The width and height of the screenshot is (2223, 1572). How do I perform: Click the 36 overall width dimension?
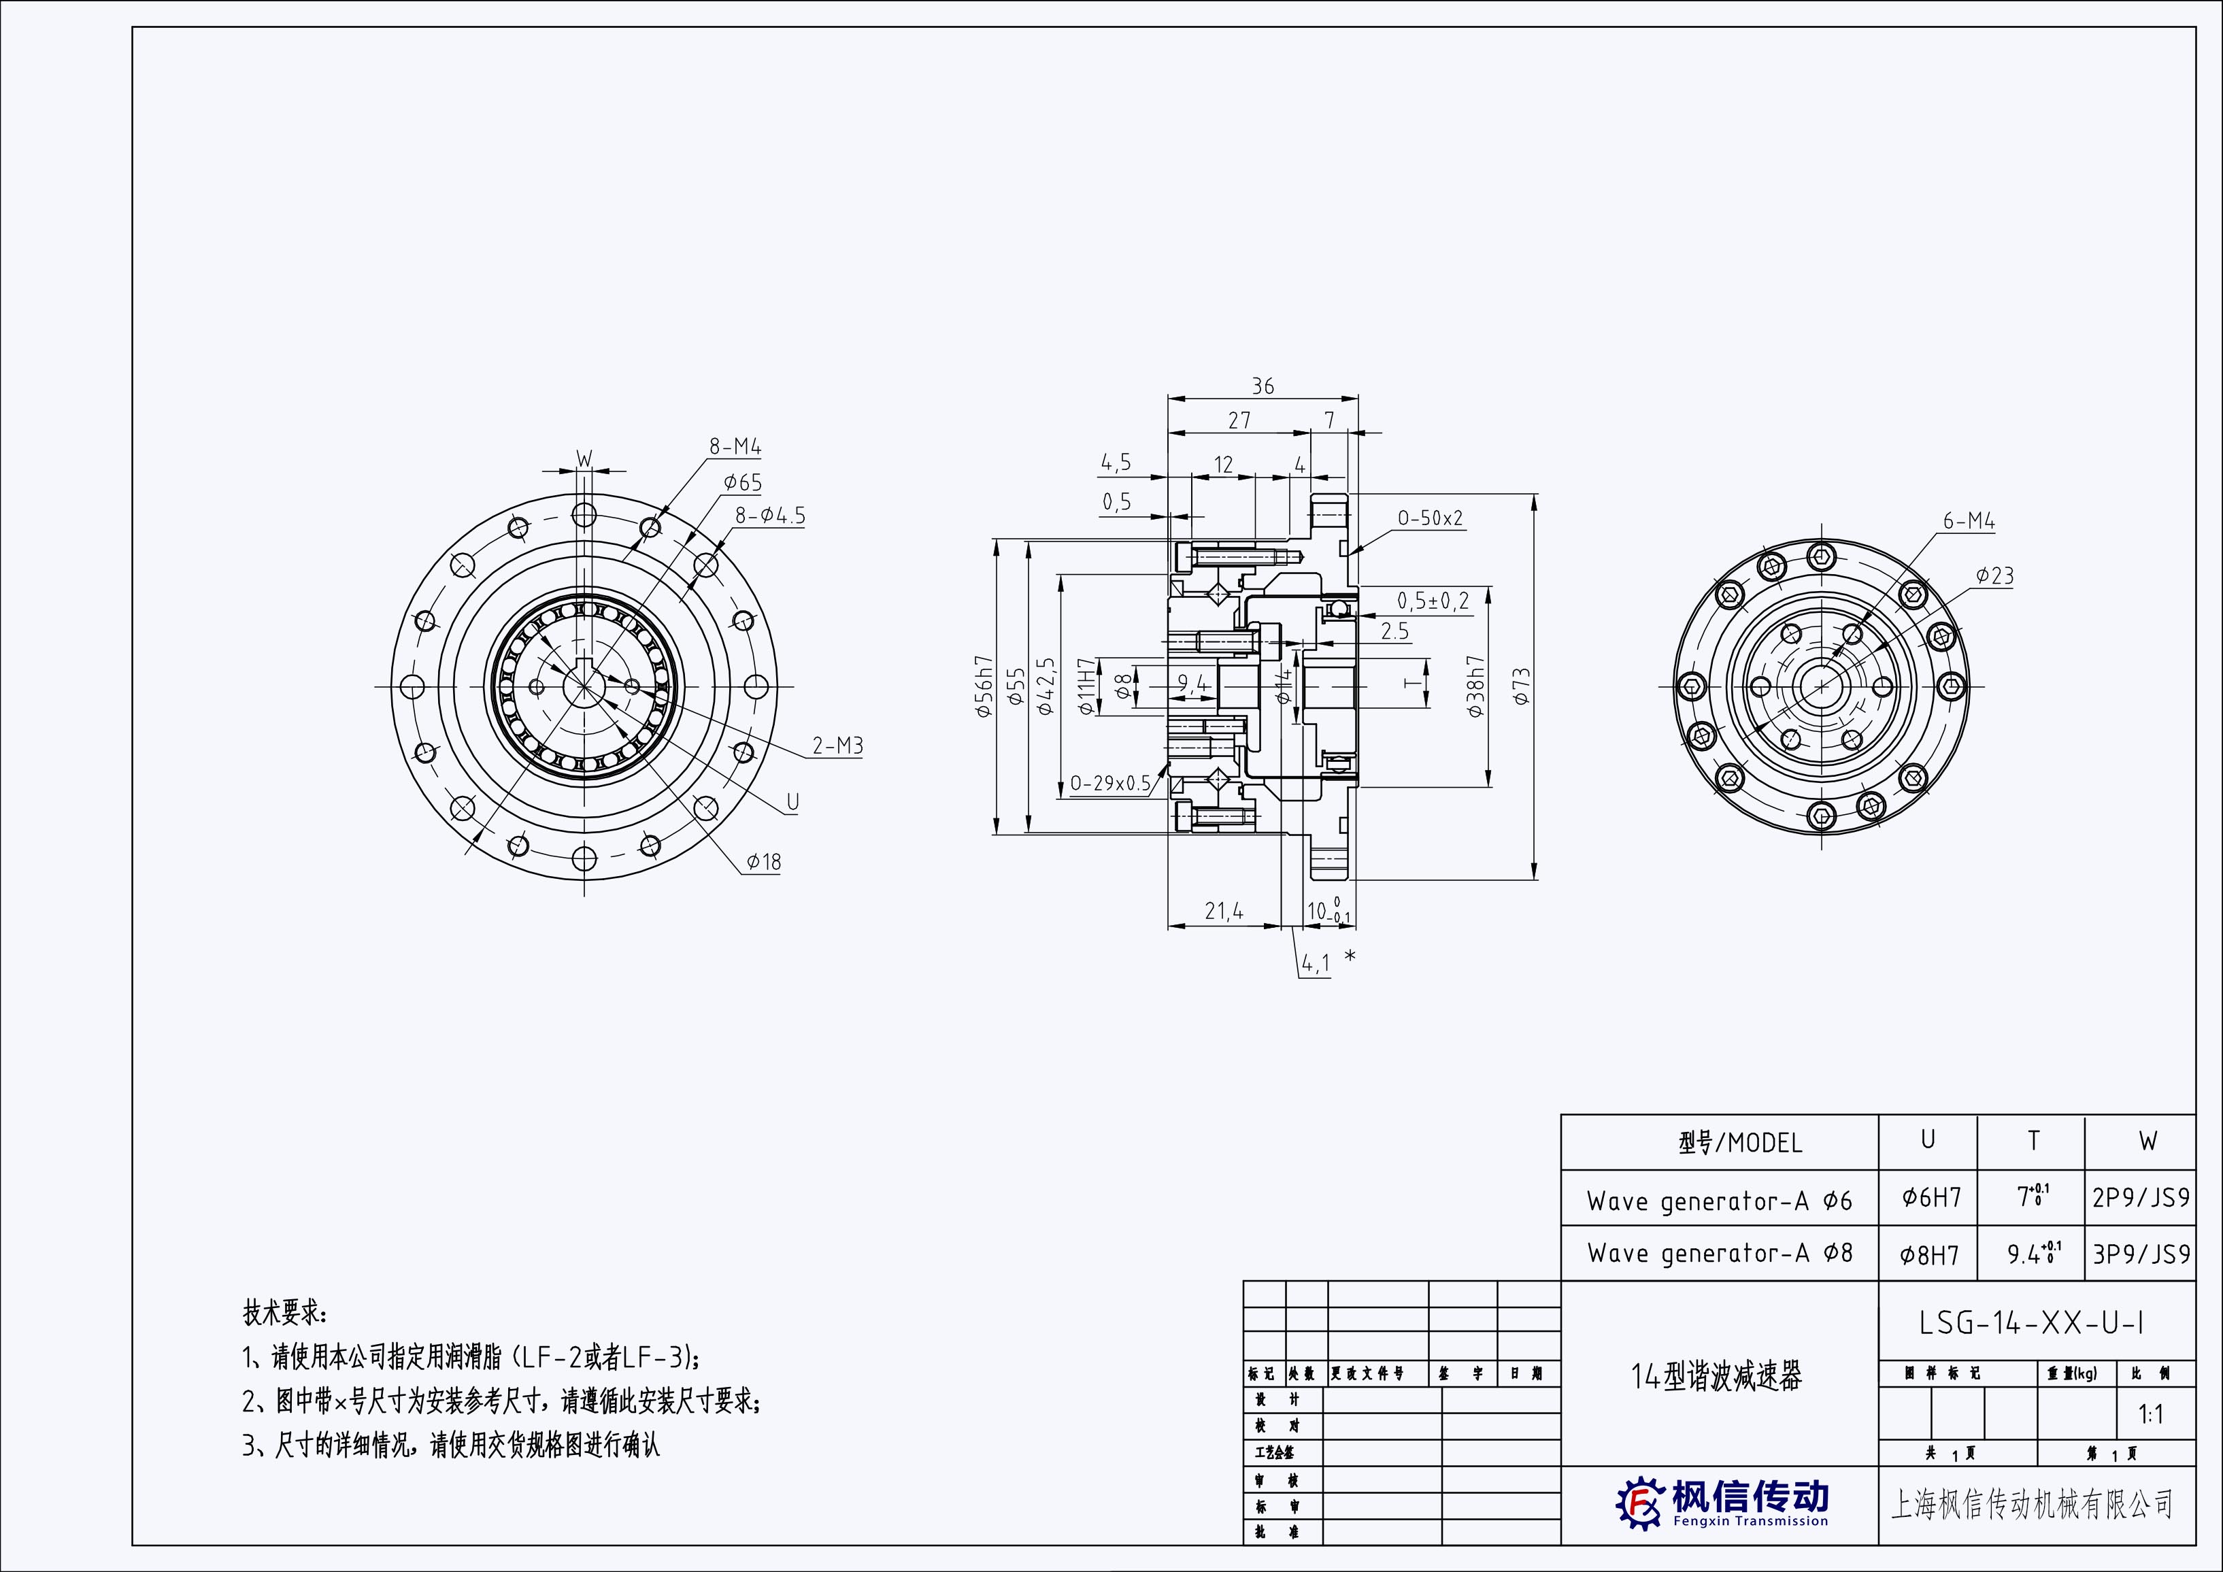tap(1263, 386)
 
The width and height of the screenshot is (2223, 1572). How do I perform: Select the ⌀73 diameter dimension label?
tap(1521, 686)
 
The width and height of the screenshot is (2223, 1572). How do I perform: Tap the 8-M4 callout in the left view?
tap(735, 447)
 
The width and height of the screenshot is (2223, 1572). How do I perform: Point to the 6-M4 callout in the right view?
tap(1969, 522)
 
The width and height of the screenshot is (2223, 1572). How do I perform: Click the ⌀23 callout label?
tap(1994, 576)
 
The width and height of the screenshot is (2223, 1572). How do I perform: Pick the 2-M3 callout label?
tap(837, 746)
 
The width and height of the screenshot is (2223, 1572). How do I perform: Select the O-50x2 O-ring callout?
tap(1430, 518)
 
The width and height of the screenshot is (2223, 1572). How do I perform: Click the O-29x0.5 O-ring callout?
tap(1109, 783)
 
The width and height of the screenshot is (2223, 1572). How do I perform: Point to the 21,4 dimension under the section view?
tap(1224, 911)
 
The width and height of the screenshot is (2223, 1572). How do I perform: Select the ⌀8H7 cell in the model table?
tap(1930, 1254)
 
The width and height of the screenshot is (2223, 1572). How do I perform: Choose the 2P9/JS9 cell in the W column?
tap(2141, 1199)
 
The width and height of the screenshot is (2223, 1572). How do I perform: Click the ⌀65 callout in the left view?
tap(743, 482)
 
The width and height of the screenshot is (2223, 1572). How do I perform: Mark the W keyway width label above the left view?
tap(584, 458)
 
